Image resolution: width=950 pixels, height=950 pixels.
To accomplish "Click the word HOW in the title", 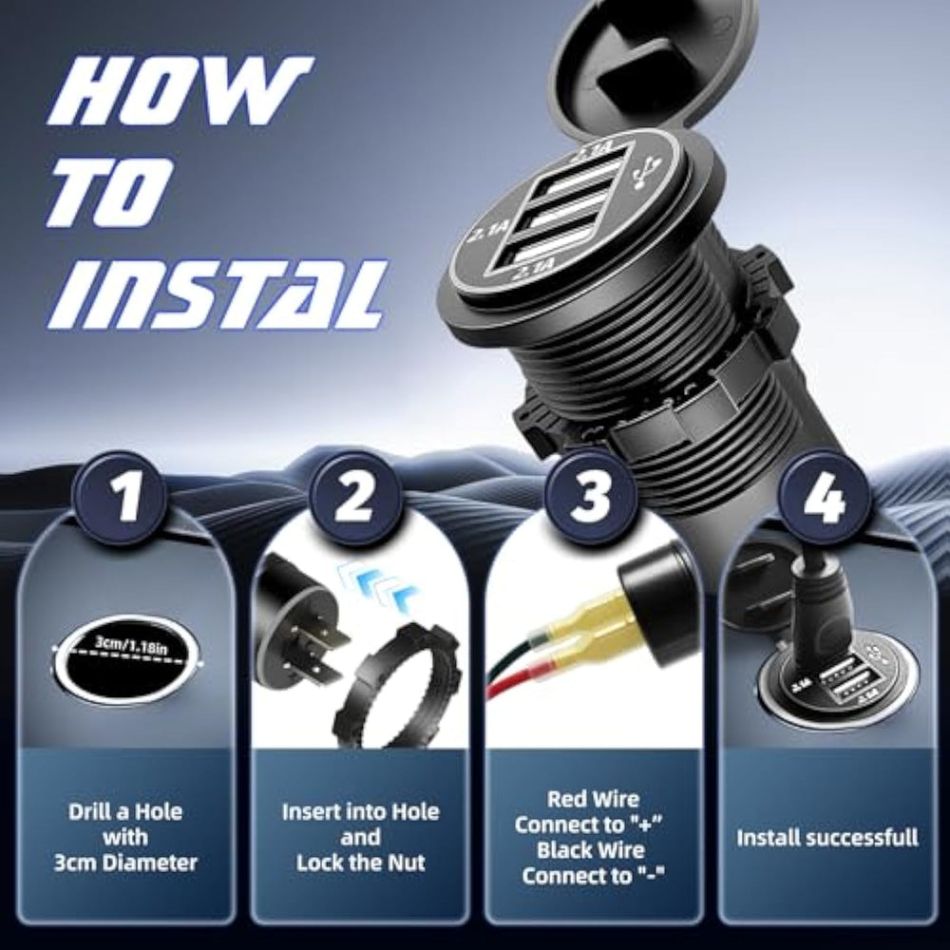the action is (x=180, y=91).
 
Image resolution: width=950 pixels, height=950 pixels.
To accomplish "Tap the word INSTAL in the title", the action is (x=216, y=294).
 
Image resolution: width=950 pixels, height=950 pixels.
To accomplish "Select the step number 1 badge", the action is (x=120, y=498).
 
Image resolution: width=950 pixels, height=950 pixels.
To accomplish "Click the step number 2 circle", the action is (x=355, y=498).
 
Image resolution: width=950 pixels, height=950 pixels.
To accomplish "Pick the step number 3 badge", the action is (x=591, y=498).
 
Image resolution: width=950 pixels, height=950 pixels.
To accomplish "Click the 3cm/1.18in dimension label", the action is (x=131, y=645).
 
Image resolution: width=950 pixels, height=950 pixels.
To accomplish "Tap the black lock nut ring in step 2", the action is (x=397, y=685).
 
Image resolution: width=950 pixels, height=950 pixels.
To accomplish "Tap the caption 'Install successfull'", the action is (x=827, y=838).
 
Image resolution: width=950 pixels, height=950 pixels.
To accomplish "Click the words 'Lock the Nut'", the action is (x=360, y=863).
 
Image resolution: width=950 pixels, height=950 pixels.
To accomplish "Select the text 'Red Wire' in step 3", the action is (x=593, y=799).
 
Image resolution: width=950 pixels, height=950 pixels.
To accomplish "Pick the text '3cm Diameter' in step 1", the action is (x=125, y=863).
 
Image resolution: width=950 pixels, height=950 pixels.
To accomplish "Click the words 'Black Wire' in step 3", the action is (x=591, y=850).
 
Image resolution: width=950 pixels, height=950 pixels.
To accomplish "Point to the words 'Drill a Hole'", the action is (x=125, y=812).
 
